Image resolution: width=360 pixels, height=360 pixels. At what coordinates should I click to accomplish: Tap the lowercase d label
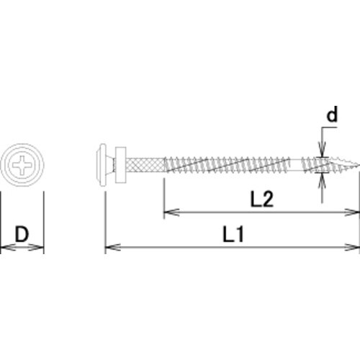click(x=332, y=114)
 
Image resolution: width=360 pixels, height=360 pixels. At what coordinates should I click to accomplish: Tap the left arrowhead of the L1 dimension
click(x=110, y=248)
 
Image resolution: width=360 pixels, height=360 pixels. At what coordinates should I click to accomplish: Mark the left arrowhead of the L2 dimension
click(x=168, y=212)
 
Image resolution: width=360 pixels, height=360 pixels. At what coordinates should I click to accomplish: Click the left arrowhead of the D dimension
click(x=4, y=248)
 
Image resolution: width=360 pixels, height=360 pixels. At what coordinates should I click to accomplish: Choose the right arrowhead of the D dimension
click(x=40, y=248)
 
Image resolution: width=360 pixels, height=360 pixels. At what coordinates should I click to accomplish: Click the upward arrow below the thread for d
click(x=321, y=179)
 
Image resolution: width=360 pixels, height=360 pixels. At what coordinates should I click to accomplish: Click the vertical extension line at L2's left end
click(x=164, y=194)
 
